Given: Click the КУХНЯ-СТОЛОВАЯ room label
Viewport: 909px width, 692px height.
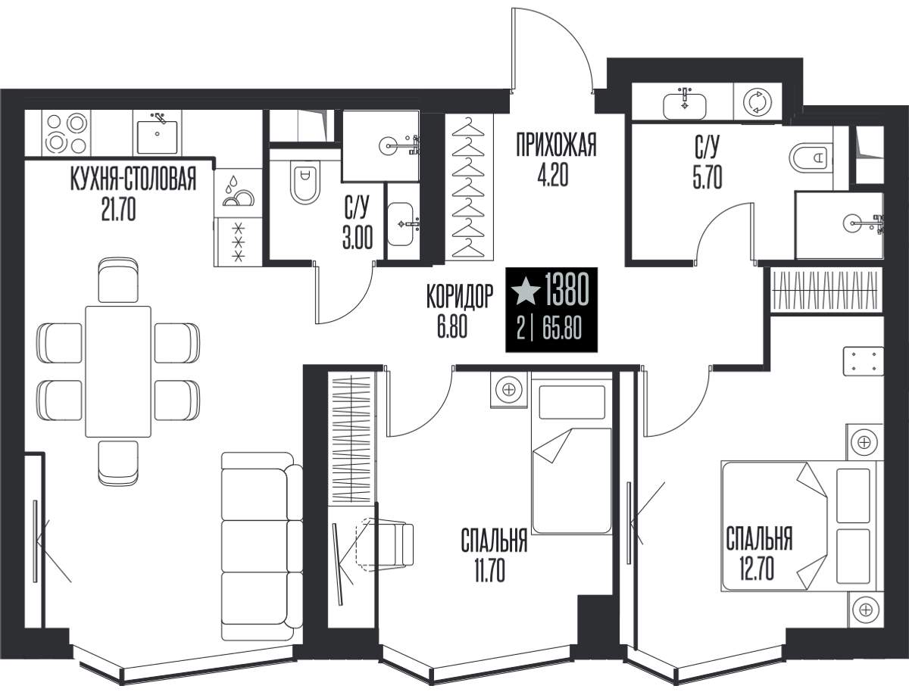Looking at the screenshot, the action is [x=133, y=179].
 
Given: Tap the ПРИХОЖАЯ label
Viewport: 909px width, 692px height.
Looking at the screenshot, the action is [x=556, y=144].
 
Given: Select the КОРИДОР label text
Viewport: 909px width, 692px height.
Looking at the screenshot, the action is [x=460, y=296].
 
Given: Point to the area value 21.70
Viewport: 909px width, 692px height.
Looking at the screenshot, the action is [x=118, y=209].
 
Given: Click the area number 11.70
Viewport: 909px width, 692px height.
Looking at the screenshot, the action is [x=489, y=569].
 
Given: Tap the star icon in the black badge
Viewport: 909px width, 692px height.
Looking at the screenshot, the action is [x=526, y=291].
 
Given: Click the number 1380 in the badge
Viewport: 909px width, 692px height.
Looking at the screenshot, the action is [x=567, y=290].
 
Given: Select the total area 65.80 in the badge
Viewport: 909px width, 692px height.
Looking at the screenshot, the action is [x=562, y=329].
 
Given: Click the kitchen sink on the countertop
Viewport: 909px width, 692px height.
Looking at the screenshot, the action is [x=158, y=132].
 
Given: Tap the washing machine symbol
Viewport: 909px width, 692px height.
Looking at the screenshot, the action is [x=757, y=101].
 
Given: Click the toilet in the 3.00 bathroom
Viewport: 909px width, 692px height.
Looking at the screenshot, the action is [x=305, y=183].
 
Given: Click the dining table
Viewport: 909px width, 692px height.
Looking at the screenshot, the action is [x=118, y=371].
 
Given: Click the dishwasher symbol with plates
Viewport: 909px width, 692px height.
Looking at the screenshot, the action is [x=238, y=192].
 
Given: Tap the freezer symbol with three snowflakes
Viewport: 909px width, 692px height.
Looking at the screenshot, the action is [x=238, y=242].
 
